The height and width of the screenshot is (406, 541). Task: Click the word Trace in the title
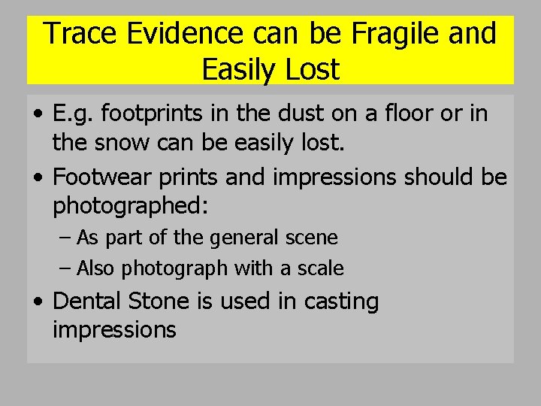(74, 34)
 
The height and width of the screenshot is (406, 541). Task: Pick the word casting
(342, 301)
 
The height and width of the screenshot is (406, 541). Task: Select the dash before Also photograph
(66, 268)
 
